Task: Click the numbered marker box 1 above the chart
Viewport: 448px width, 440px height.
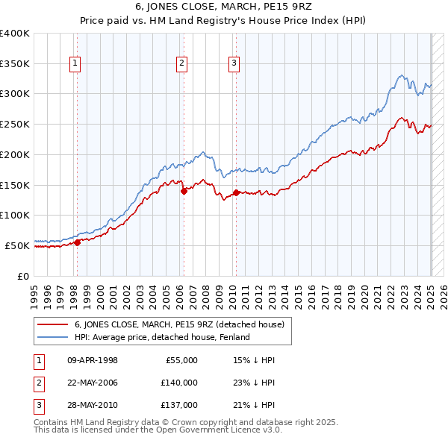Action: (76, 64)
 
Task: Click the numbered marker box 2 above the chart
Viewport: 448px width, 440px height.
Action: (181, 64)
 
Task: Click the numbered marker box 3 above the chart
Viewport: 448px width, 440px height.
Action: (234, 64)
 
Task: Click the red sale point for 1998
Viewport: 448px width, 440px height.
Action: (77, 242)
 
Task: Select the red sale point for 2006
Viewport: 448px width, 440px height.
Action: (184, 190)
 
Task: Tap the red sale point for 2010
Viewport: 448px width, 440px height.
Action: (236, 192)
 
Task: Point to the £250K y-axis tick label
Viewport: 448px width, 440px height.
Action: (15, 124)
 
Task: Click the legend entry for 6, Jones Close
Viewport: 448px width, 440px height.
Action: (179, 324)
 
